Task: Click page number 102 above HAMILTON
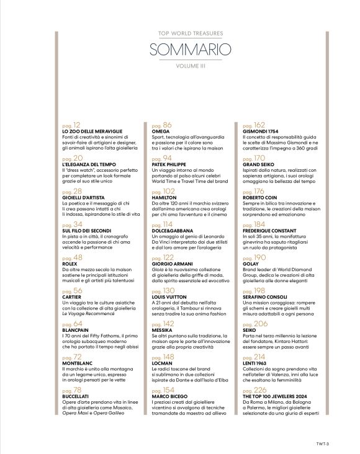[163, 192]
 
